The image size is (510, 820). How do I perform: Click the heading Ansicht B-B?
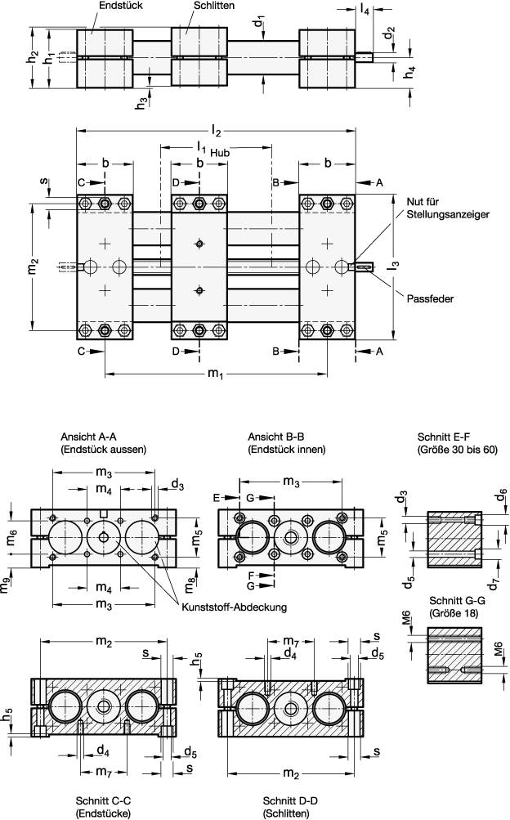point(275,437)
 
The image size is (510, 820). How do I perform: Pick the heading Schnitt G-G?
point(452,599)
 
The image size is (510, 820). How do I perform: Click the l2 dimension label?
point(217,128)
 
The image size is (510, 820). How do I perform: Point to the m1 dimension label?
point(215,374)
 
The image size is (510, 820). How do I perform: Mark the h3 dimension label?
point(141,103)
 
